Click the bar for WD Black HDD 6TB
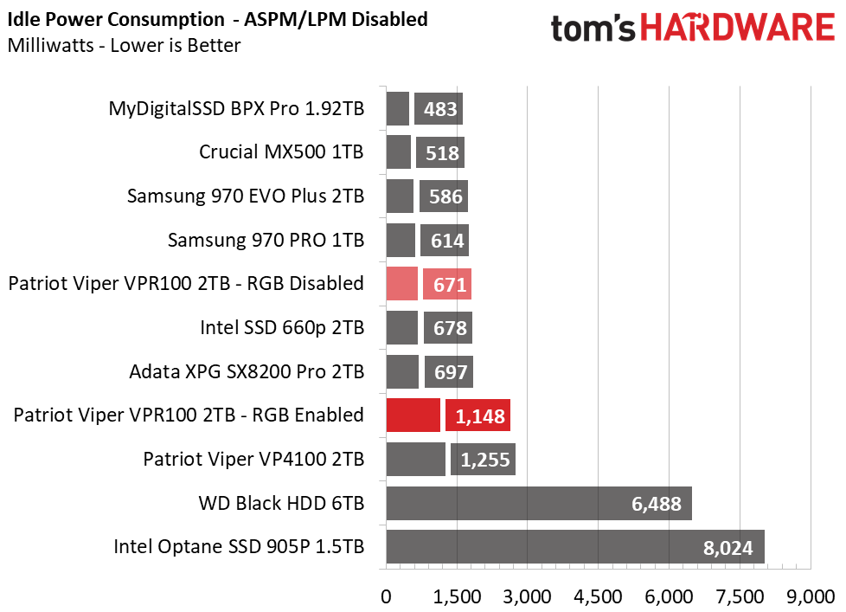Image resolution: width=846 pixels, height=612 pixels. pyautogui.click(x=538, y=503)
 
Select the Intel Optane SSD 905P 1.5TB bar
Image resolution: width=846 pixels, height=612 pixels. pyautogui.click(x=574, y=547)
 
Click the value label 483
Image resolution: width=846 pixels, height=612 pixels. pyautogui.click(x=439, y=109)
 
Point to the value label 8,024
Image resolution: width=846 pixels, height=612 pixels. pyautogui.click(x=727, y=547)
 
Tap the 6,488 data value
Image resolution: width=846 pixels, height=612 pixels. pyautogui.click(x=656, y=503)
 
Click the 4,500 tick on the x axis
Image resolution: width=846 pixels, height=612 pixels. pyautogui.click(x=599, y=597)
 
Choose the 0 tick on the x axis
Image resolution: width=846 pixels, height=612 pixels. pyautogui.click(x=387, y=597)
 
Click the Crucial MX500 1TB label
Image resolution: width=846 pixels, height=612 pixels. pyautogui.click(x=281, y=152)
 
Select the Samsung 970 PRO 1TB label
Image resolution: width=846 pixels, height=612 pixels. pyautogui.click(x=266, y=240)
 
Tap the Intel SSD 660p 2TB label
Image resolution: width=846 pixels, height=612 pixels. pyautogui.click(x=282, y=328)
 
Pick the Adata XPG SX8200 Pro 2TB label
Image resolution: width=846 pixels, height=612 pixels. pyautogui.click(x=246, y=371)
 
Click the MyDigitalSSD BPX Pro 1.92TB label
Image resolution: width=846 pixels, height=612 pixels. pyautogui.click(x=236, y=109)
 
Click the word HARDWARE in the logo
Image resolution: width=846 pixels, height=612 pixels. pyautogui.click(x=737, y=29)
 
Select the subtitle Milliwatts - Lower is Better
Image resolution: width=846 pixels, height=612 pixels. pyautogui.click(x=124, y=45)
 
